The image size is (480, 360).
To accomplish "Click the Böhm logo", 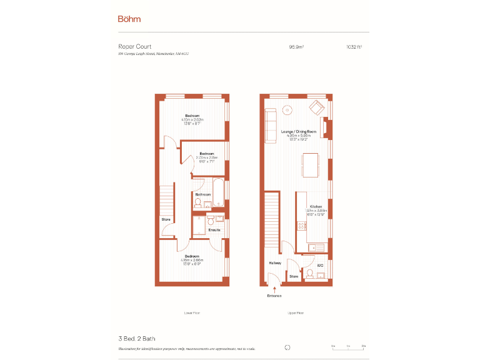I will click(129, 19).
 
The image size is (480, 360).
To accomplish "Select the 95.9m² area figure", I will click(296, 46).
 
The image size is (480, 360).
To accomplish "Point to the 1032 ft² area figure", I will click(354, 46).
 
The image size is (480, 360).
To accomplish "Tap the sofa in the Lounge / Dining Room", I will click(271, 124).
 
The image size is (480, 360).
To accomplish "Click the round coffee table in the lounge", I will click(288, 111).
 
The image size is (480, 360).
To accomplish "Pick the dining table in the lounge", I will click(311, 165).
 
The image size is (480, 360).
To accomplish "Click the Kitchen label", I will click(316, 206).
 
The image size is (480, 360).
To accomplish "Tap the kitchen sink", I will click(319, 248).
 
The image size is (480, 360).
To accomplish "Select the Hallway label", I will click(275, 263).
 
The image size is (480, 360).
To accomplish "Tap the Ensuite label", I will click(214, 229).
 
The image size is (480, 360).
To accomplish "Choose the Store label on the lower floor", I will click(166, 219).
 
